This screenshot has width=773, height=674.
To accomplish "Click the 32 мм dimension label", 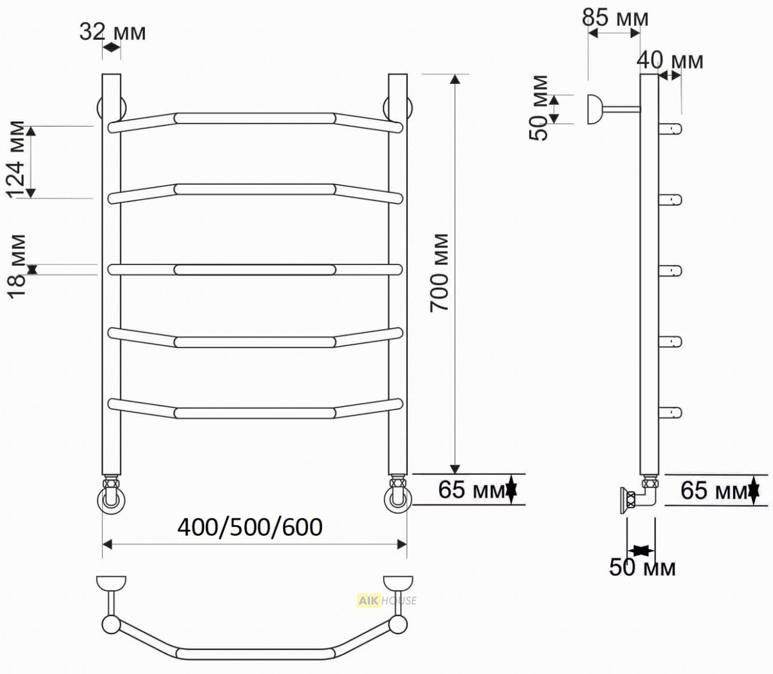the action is coord(112,32).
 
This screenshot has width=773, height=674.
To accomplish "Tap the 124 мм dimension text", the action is coord(16,160).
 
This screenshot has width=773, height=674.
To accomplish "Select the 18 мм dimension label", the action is coord(17,267).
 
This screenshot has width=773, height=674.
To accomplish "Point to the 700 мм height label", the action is coord(439,273).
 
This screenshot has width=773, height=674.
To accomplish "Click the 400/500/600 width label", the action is coord(250,527).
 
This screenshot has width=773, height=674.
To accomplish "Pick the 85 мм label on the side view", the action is coord(615,17).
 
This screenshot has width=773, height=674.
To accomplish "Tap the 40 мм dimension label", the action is coord(670,60).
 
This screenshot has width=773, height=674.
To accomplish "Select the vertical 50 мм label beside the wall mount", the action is coord(539,108).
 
